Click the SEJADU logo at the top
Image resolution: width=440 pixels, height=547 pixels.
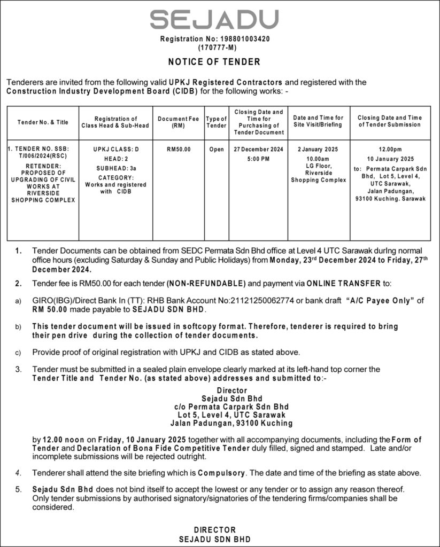(x=214, y=20)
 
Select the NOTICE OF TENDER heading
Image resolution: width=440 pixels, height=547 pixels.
(x=214, y=62)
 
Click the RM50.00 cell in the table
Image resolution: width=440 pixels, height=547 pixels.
(x=178, y=150)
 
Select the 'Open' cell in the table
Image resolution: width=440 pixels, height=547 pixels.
(x=217, y=150)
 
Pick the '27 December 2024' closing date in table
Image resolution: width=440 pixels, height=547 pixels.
(x=258, y=150)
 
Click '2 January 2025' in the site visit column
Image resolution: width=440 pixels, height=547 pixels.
(x=319, y=150)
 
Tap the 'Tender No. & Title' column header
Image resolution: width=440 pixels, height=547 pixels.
(x=43, y=122)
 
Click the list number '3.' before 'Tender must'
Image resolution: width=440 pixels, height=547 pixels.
(x=19, y=369)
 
